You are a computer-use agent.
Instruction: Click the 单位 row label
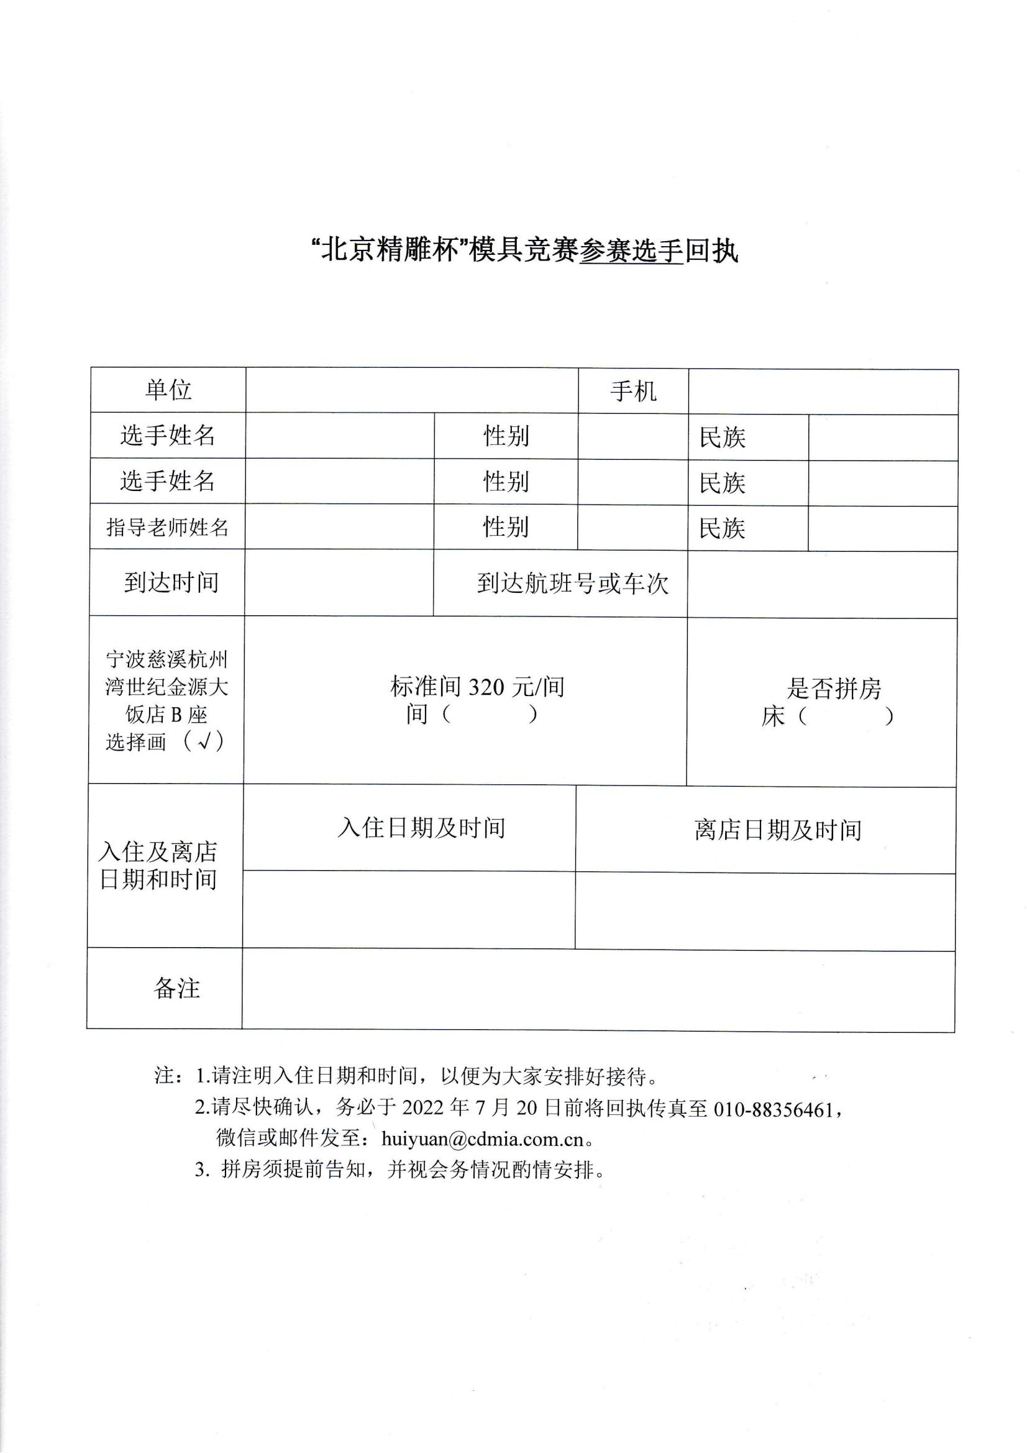168,390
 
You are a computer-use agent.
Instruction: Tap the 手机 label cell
632,392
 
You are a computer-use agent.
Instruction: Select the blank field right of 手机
823,392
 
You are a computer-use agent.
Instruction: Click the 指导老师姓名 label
167,526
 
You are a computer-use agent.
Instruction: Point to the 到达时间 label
171,582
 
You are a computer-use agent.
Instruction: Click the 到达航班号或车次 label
572,584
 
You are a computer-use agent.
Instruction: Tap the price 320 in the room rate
486,687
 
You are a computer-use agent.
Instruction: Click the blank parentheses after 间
490,715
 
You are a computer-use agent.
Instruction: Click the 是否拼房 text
833,689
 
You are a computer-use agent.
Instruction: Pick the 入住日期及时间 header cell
421,828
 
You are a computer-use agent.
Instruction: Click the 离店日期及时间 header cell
778,830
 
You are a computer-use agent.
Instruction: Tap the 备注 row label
176,989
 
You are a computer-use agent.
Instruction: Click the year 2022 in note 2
423,1107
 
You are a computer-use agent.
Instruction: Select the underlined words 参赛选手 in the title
631,252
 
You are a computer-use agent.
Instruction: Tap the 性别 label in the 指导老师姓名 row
506,526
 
